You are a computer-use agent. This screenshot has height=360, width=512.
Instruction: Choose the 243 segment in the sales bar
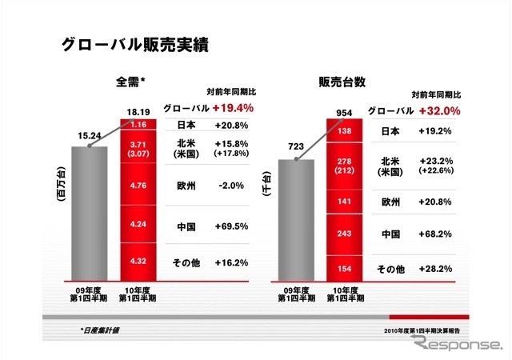pos(346,234)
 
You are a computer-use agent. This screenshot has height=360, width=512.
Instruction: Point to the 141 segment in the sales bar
pos(346,203)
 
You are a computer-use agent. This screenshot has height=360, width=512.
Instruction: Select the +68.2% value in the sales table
pos(436,234)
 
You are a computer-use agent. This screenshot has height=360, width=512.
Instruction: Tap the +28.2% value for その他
pos(436,267)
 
